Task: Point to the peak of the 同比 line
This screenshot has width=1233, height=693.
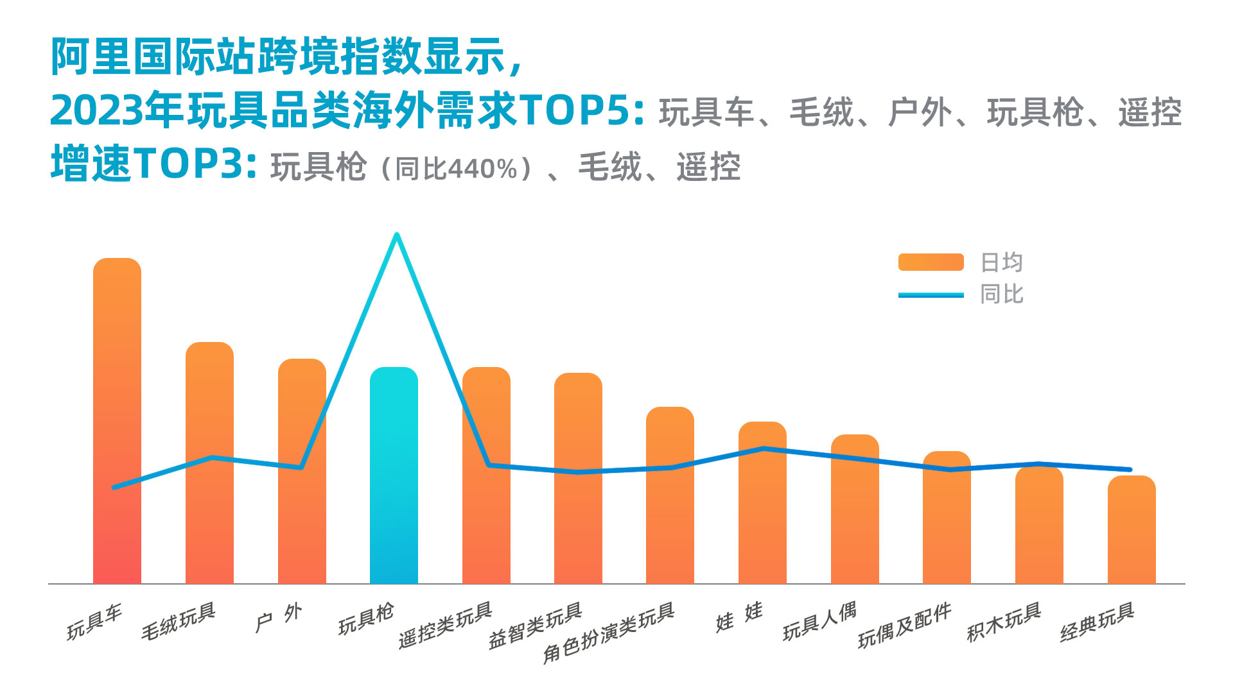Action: point(397,235)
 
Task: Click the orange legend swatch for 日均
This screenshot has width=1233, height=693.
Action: point(931,262)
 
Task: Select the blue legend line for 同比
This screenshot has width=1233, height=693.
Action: point(931,295)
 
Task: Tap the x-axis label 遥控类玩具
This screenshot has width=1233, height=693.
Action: point(446,625)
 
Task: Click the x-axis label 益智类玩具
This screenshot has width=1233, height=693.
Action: point(536,626)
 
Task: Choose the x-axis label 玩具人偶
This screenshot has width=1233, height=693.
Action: point(820,621)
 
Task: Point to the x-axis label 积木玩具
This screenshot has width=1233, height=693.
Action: point(1004,622)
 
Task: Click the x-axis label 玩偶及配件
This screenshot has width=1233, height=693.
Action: point(905,625)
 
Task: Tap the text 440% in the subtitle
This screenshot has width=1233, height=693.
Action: point(482,169)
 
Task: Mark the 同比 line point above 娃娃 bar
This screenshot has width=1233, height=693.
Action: point(763,449)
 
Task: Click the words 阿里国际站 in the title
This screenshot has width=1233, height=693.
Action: point(154,56)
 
